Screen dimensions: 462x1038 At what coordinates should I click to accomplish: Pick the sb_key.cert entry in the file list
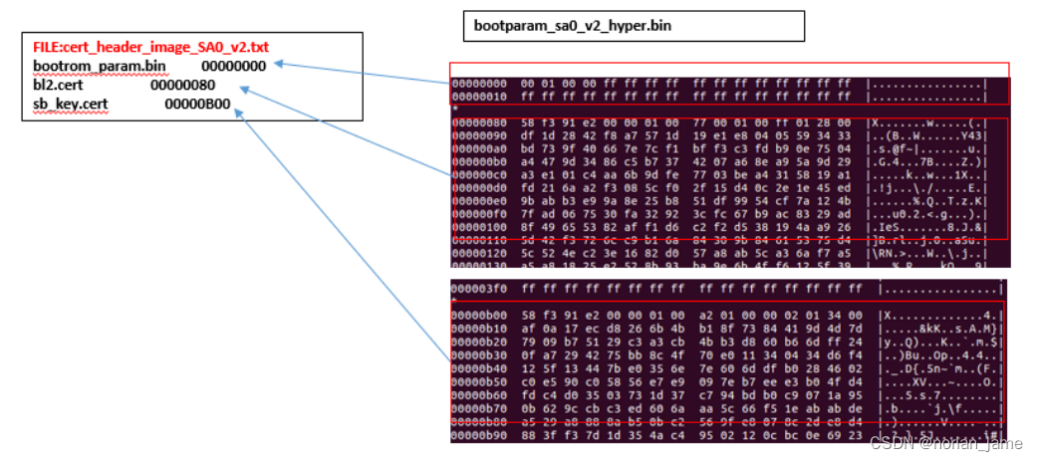[71, 104]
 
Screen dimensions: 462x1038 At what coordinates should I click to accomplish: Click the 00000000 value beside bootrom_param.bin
[233, 66]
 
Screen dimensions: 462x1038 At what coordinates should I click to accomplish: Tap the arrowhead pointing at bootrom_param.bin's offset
[279, 65]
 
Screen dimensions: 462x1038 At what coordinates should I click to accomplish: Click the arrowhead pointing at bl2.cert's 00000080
[244, 90]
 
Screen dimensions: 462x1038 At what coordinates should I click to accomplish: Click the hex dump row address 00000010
[479, 98]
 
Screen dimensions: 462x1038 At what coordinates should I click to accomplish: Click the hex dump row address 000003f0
[479, 289]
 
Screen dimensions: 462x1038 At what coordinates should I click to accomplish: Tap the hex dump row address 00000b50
[479, 379]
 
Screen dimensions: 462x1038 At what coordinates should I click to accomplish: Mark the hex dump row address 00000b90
[479, 434]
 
